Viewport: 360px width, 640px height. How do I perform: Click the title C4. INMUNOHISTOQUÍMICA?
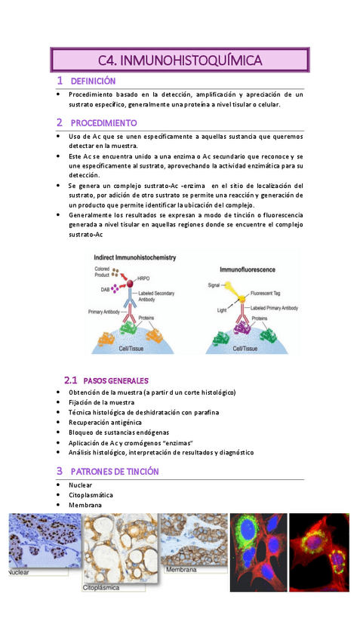tap(180, 60)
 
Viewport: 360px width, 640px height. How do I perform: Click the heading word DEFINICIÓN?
tap(93, 81)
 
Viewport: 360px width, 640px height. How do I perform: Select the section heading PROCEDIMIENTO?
tap(103, 122)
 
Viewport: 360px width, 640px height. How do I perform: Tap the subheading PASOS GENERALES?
tap(115, 380)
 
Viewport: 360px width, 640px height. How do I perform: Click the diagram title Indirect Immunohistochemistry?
tap(135, 257)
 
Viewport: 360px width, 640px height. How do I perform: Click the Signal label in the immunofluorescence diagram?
tap(214, 285)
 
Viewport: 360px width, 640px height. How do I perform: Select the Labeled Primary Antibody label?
tap(274, 309)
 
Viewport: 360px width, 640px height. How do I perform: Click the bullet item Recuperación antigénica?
tap(107, 422)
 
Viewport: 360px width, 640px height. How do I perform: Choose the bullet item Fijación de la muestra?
tap(101, 402)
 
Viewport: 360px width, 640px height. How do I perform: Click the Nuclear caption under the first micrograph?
tap(20, 573)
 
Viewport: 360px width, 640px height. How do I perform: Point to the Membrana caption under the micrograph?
tap(181, 570)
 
